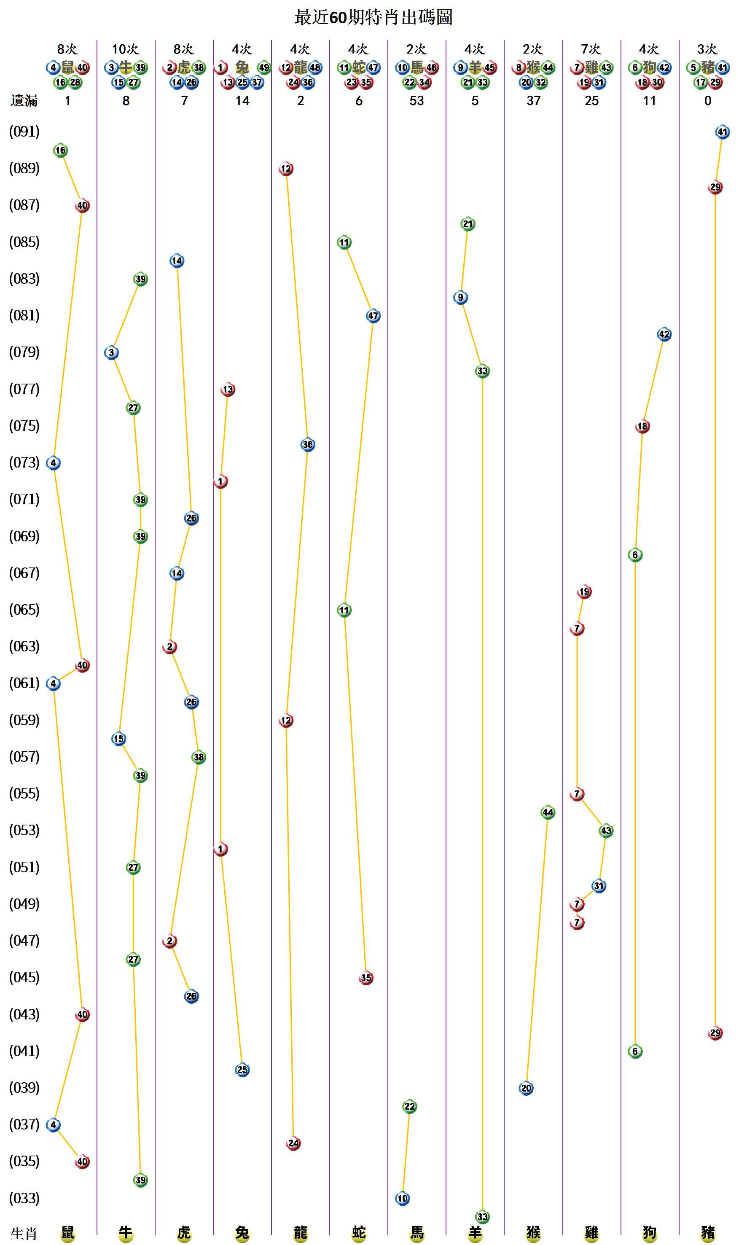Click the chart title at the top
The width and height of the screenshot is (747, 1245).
point(373,17)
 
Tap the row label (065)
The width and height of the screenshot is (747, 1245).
point(24,610)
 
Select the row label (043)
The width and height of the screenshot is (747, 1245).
point(24,1014)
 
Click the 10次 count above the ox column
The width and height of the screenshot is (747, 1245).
point(125,49)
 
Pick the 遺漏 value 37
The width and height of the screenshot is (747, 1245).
point(533,101)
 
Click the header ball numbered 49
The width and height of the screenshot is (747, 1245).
point(264,67)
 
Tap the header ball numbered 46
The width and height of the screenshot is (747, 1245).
point(431,67)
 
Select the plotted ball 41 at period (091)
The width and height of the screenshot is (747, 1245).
point(722,132)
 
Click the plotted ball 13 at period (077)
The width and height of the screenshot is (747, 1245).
point(228,389)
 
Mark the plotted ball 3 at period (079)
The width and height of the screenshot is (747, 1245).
point(111,352)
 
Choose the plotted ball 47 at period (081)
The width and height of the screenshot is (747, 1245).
point(373,316)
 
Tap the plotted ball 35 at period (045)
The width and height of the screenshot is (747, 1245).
point(366,978)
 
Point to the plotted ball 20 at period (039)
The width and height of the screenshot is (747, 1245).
point(526,1088)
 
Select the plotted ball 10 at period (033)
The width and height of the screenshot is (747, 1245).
point(402,1198)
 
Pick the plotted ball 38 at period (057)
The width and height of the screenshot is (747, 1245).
point(199,757)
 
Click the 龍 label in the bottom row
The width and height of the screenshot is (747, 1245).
point(301,1232)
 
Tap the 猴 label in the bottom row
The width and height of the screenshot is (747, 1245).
point(533,1232)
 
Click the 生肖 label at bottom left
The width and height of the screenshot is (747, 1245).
point(24,1234)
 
